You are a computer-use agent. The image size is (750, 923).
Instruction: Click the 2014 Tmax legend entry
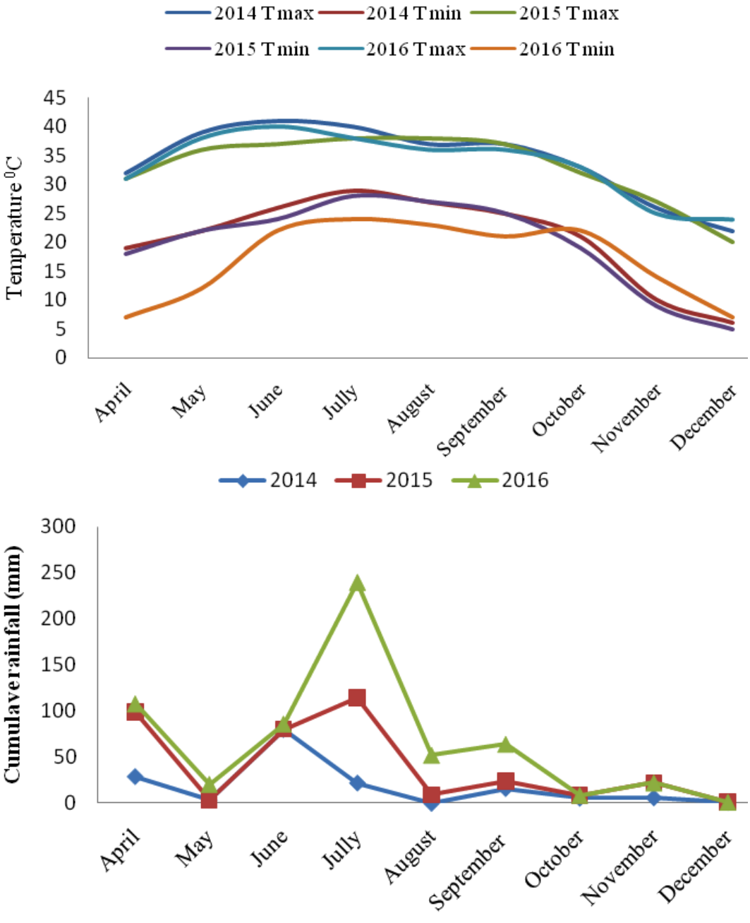(x=240, y=13)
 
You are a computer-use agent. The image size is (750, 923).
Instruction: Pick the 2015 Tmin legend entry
(x=238, y=49)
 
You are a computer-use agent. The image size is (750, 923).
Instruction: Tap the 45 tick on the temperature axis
(x=55, y=98)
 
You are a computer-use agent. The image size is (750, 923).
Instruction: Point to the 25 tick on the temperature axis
(x=55, y=213)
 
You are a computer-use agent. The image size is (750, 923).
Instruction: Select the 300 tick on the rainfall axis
(x=58, y=527)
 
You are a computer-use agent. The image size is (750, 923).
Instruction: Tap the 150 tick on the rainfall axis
(x=58, y=665)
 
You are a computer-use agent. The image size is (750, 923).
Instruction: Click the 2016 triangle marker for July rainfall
(x=356, y=583)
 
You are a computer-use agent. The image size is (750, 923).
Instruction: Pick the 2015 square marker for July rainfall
(x=356, y=698)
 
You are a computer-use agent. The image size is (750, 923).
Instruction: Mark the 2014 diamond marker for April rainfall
(x=135, y=776)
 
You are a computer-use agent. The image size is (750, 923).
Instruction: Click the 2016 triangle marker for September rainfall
(x=505, y=744)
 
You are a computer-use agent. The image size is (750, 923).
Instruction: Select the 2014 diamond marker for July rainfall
(x=356, y=783)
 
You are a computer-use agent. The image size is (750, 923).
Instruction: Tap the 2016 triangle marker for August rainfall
(x=431, y=755)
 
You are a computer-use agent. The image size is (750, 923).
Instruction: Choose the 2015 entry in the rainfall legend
(x=384, y=480)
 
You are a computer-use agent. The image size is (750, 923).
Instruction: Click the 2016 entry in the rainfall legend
(x=500, y=480)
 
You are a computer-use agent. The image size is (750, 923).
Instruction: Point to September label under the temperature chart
(x=473, y=421)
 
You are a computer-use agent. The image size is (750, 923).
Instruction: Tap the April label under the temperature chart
(x=112, y=402)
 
